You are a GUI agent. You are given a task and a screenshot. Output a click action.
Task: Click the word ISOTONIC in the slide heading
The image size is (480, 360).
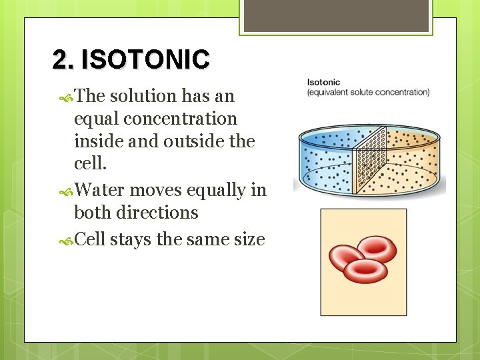[x=145, y=59]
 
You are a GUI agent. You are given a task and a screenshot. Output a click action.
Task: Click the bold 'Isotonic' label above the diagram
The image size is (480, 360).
[x=323, y=83]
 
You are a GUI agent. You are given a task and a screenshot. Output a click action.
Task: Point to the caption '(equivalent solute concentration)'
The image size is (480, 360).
[x=368, y=92]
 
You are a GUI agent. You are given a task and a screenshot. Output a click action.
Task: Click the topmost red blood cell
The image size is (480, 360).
[x=377, y=249]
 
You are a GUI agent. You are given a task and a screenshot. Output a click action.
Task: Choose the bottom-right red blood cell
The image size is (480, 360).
[x=365, y=271]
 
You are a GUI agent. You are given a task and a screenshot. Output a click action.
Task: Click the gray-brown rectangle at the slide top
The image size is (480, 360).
[x=336, y=15]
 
